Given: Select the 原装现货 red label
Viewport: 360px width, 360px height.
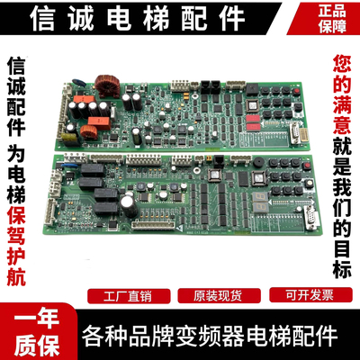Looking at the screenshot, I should [x=205, y=294].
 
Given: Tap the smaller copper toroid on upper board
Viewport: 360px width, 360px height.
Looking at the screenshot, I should [x=93, y=133].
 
